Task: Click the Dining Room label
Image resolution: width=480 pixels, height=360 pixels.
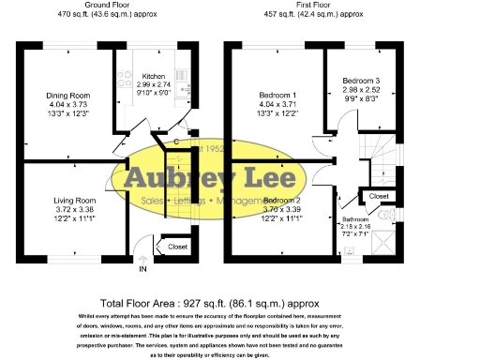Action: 67,95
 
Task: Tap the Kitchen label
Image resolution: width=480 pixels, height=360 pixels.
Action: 153,76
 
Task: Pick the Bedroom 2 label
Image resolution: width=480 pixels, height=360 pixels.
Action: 281,201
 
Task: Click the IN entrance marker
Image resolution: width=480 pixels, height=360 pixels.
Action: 143,269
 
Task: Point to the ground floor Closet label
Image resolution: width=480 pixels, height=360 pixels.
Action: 177,247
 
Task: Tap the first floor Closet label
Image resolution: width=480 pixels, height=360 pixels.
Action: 379,196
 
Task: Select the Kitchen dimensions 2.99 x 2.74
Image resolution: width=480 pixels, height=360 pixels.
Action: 153,83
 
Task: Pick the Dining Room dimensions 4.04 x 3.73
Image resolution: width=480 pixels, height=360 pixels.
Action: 67,104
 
